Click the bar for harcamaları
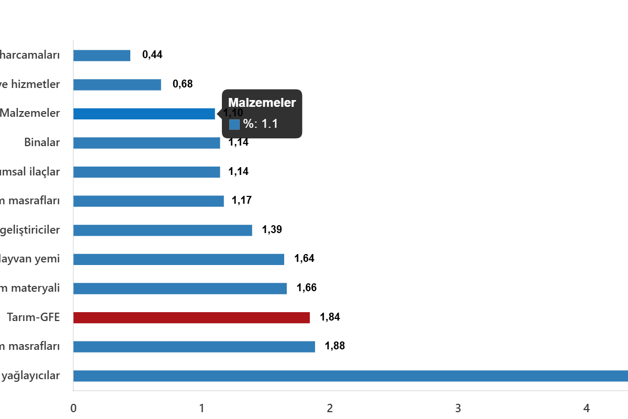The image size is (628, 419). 102,56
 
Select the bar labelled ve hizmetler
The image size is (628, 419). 117,85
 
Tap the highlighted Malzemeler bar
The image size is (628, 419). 144,114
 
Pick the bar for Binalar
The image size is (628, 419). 147,143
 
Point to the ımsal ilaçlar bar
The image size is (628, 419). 147,172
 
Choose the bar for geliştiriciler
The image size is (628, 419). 163,230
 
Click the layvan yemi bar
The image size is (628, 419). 178,259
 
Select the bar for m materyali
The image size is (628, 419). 180,289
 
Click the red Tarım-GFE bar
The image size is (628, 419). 192,318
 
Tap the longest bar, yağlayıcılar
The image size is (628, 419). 351,376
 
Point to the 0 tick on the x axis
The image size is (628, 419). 73,408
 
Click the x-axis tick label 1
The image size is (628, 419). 201,408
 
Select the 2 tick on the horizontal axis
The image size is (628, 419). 330,408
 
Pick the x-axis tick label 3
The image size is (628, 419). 458,408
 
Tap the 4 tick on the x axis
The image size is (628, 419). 587,408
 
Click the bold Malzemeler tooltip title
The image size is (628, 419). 262,103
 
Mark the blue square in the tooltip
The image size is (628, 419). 234,125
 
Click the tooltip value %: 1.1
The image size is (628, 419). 261,125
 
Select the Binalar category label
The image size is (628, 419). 42,142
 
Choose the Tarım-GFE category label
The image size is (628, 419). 33,317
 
